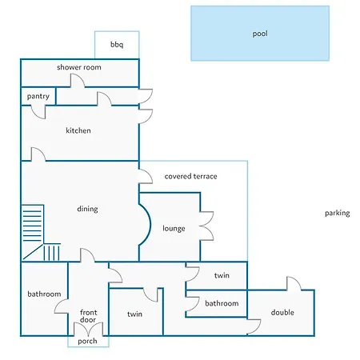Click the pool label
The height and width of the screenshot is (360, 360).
point(260,34)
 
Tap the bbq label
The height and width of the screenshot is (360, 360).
point(117,44)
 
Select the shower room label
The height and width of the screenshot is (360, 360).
point(79,67)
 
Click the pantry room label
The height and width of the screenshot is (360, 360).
point(38,96)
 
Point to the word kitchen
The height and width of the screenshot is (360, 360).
point(78,130)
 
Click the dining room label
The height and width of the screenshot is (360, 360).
point(87,209)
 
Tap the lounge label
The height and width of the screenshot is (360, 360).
point(174,229)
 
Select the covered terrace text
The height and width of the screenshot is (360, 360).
point(190,176)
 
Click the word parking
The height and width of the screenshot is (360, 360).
point(338,213)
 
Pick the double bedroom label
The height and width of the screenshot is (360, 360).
point(282,312)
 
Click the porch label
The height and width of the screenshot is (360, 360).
point(87,341)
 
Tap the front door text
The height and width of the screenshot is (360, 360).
point(88,316)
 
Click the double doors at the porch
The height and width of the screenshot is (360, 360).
point(88,329)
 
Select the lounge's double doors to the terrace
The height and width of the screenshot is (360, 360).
point(206,226)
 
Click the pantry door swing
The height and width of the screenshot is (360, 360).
point(38,112)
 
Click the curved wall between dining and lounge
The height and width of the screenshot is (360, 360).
point(150,225)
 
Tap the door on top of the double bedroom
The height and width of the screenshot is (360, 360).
point(294,283)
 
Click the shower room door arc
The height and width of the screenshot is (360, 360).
point(78,80)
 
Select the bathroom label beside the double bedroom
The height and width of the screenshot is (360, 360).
point(222,303)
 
